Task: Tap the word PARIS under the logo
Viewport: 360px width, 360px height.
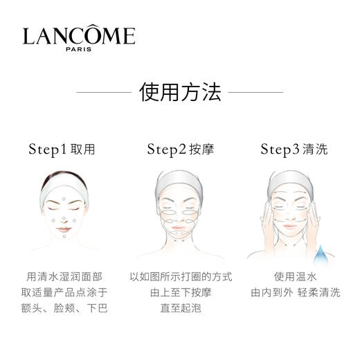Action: click(78, 49)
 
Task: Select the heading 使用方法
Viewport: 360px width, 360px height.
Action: click(179, 91)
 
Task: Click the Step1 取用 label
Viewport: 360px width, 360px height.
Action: click(62, 149)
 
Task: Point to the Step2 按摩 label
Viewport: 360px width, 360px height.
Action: click(180, 149)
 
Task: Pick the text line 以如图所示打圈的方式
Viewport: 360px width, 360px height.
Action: click(180, 276)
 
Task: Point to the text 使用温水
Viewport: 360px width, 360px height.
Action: click(296, 276)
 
